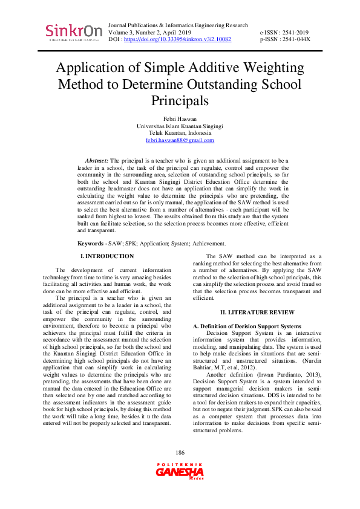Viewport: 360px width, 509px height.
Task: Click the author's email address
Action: pyautogui.click(x=180, y=140)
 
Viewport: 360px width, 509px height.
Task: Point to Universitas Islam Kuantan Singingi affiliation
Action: pyautogui.click(x=180, y=126)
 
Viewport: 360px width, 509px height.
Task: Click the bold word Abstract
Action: pyautogui.click(x=96, y=160)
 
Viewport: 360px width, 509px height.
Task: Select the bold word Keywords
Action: pyautogui.click(x=90, y=243)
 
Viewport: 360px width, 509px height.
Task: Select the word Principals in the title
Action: pyautogui.click(x=180, y=100)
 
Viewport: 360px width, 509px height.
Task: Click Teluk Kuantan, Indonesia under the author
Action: pyautogui.click(x=180, y=133)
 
